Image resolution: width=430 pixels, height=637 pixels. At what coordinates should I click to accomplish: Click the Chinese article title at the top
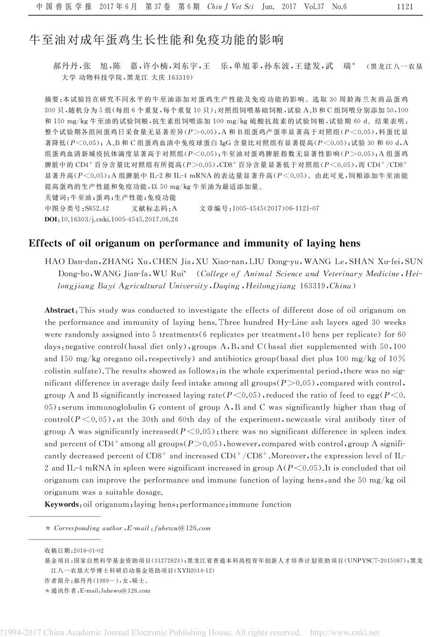pos(156,40)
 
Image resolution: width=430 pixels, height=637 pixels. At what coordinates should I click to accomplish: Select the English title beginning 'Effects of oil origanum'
pos(195,243)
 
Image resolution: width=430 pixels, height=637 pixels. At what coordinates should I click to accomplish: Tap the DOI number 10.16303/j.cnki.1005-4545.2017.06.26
pos(117,219)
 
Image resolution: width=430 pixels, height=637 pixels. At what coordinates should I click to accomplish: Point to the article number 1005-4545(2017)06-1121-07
pos(275,208)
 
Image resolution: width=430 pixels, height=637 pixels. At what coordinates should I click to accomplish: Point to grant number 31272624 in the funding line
pos(169,560)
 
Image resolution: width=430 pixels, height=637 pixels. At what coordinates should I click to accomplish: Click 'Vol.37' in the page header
pos(311,7)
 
